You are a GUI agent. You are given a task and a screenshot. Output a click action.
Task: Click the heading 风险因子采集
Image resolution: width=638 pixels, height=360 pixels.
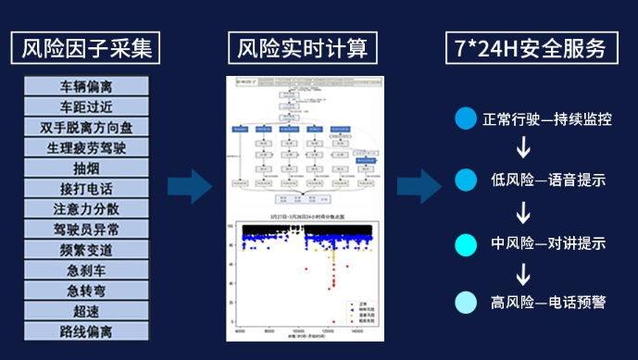(x=86, y=46)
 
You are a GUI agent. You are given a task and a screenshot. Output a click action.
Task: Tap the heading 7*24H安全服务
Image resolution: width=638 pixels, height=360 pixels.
(x=529, y=46)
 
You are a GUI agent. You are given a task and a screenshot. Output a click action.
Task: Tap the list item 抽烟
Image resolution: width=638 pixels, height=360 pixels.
(x=85, y=168)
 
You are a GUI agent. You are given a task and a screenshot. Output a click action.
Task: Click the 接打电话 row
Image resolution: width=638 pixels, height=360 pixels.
(x=85, y=189)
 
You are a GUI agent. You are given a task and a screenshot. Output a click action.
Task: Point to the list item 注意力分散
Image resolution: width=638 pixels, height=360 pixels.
(x=85, y=209)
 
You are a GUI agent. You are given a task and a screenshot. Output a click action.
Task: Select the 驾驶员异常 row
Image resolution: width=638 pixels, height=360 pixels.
(x=85, y=230)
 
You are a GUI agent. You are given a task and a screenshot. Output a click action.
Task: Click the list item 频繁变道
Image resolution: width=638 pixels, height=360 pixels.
(x=85, y=250)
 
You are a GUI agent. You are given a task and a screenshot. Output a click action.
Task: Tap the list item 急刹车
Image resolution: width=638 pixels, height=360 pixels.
(x=85, y=270)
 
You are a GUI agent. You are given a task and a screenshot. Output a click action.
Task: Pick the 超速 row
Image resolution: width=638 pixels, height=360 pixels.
(x=85, y=311)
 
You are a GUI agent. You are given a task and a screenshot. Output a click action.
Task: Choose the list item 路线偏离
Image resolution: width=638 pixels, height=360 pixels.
(x=85, y=331)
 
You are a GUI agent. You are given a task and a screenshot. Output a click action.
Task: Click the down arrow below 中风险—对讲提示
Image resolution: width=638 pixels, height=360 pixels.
(x=524, y=273)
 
